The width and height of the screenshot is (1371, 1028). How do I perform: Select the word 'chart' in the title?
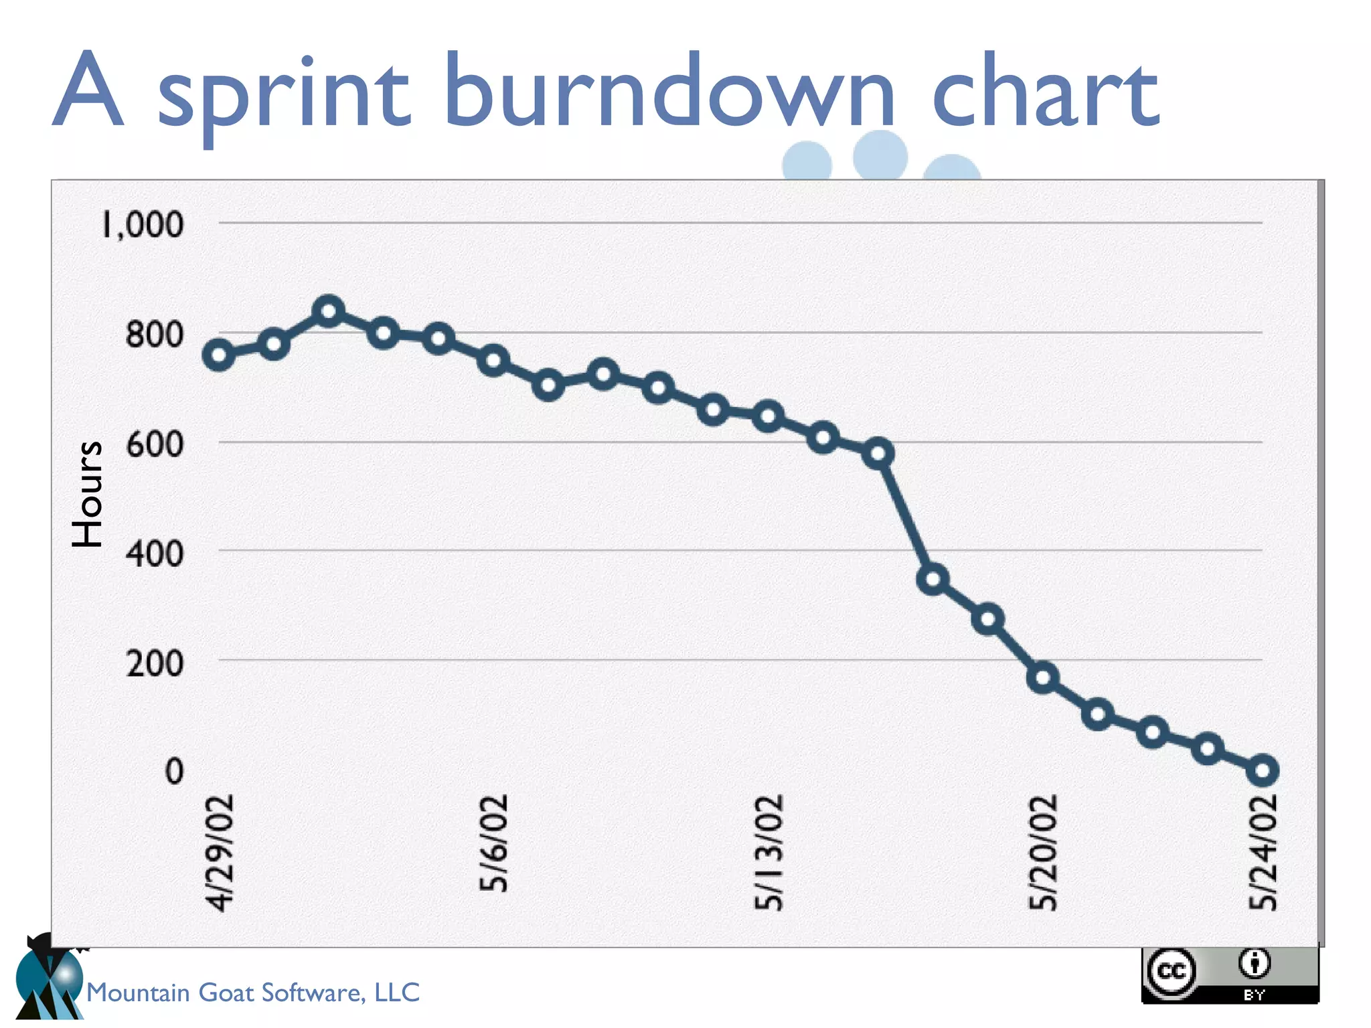(1045, 90)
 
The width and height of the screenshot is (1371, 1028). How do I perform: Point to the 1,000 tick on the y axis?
(143, 224)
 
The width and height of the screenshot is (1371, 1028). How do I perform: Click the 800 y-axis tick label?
(154, 334)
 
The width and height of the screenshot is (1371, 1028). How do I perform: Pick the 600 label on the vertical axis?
(154, 444)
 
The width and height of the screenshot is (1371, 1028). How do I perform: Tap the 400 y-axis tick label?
(154, 553)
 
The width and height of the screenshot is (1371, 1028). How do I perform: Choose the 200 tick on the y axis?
(154, 663)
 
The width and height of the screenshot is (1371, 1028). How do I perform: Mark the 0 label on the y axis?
(174, 771)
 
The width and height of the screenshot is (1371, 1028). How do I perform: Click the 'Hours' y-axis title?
(88, 494)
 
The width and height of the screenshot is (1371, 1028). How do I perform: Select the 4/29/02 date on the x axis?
(220, 853)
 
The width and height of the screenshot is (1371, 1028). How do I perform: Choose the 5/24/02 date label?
(1263, 853)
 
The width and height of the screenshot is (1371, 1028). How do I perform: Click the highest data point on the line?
(329, 311)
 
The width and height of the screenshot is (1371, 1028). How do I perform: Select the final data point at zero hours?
(1263, 770)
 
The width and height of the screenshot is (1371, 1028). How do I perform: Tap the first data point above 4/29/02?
(219, 355)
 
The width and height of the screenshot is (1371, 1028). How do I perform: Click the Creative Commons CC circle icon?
(1171, 971)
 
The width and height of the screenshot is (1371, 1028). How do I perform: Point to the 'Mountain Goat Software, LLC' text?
(253, 992)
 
